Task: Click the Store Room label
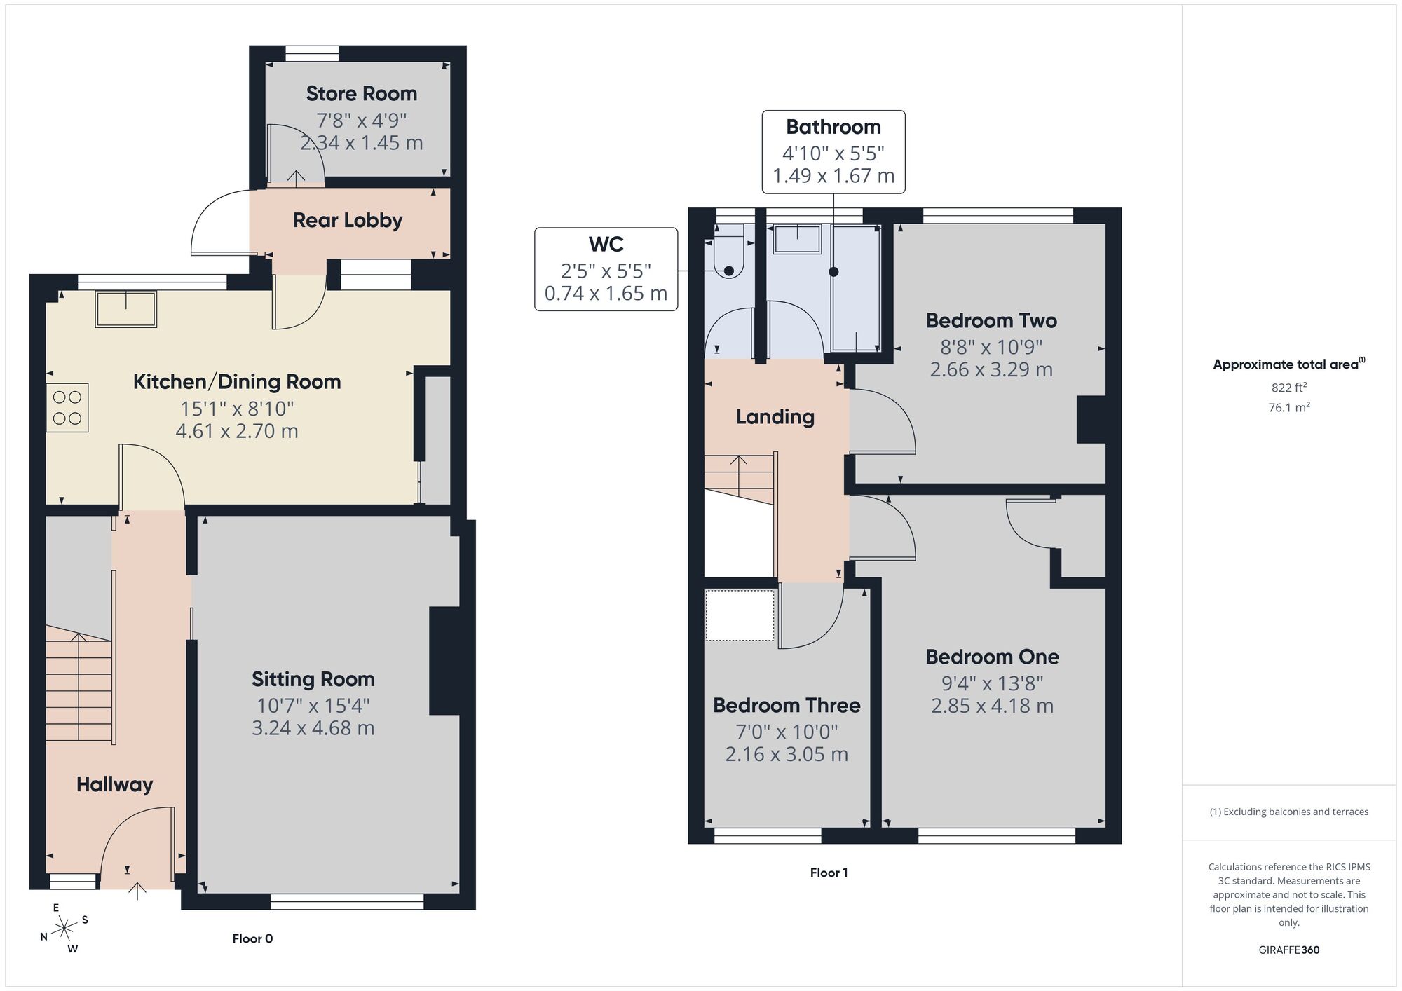(x=361, y=93)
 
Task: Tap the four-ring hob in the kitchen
(x=67, y=407)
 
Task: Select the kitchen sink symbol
(x=126, y=309)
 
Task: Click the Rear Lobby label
(x=347, y=220)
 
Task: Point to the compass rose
(x=64, y=929)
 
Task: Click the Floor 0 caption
(x=252, y=938)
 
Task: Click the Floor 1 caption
(x=829, y=873)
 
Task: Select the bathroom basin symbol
(x=797, y=239)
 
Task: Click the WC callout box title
(x=606, y=244)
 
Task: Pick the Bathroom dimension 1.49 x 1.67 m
(x=833, y=176)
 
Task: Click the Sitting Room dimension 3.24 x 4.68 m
(x=313, y=728)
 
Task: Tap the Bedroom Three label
(x=787, y=705)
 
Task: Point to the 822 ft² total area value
(x=1288, y=388)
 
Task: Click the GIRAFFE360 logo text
(x=1288, y=950)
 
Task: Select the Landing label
(x=775, y=417)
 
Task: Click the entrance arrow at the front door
(x=137, y=891)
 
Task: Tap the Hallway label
(x=114, y=784)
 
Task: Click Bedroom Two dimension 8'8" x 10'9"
(x=991, y=347)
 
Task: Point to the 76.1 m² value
(x=1288, y=407)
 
